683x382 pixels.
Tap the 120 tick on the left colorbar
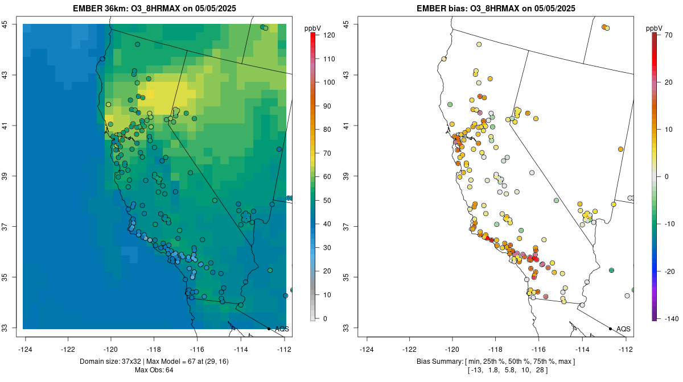328,35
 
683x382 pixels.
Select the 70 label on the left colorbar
328,153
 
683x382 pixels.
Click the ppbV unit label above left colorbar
313,28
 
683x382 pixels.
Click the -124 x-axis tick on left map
26,349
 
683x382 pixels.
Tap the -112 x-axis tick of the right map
626,349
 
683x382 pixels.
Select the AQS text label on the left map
282,329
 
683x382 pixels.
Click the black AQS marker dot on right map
610,329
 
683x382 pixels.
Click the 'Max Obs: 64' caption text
154,370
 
